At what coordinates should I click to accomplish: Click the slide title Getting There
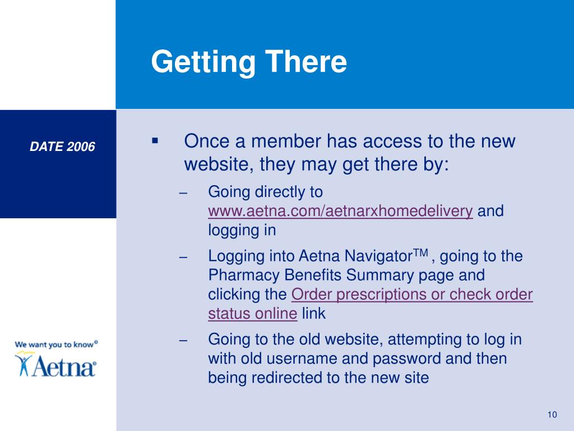click(249, 62)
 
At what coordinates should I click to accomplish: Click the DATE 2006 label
click(63, 147)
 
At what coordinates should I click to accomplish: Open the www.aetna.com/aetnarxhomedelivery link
click(341, 212)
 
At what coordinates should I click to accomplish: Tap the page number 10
click(552, 415)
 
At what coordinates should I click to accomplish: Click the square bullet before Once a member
click(155, 139)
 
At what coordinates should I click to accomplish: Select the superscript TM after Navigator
click(421, 253)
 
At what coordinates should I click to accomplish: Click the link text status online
click(252, 314)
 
